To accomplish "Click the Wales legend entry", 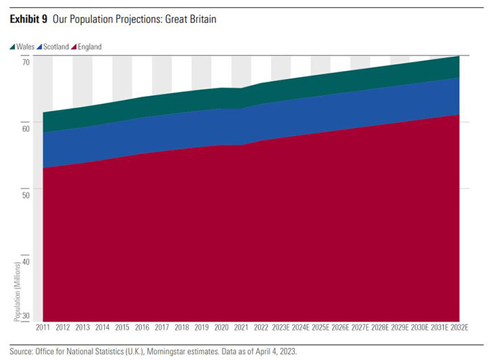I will pos(24,47).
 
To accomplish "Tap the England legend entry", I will pos(90,47).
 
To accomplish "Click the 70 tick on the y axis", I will pos(26,62).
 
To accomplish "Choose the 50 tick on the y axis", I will pos(26,195).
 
